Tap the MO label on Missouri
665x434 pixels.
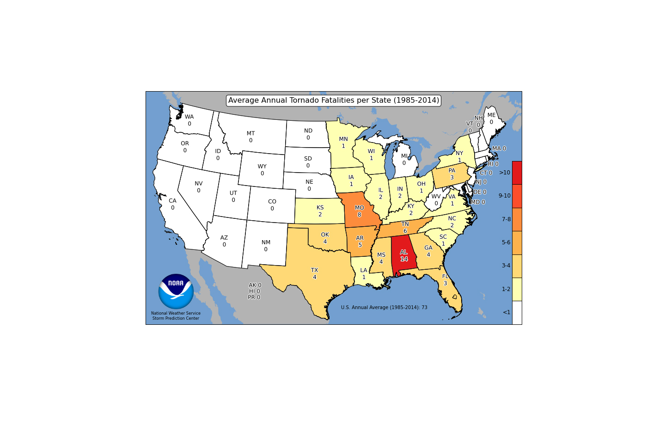click(359, 208)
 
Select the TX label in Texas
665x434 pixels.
click(314, 270)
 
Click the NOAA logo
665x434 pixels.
click(176, 291)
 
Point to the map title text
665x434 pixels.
click(333, 100)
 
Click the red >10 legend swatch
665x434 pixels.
click(517, 173)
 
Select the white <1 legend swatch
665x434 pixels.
click(517, 312)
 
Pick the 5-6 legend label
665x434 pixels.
click(506, 242)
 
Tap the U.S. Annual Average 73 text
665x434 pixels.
click(384, 307)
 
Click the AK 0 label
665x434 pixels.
click(255, 285)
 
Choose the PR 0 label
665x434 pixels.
click(254, 297)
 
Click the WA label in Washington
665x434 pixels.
click(189, 117)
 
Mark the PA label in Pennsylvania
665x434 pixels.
click(451, 170)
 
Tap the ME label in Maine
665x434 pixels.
click(491, 115)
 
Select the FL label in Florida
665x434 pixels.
click(445, 276)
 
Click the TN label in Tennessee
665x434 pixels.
click(405, 224)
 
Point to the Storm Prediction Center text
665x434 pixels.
click(176, 318)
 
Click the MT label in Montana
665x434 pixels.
click(250, 133)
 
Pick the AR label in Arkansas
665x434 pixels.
click(360, 238)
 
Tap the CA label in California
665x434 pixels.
click(172, 201)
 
